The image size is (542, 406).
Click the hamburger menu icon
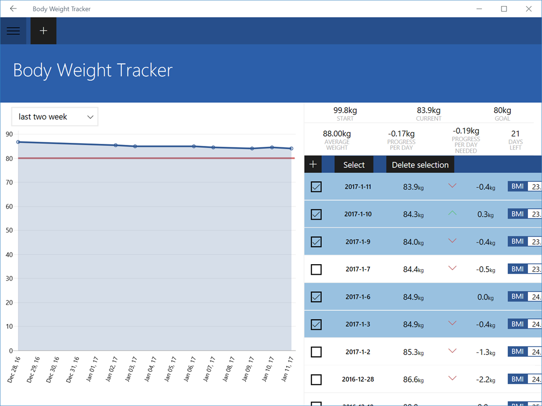[x=14, y=31]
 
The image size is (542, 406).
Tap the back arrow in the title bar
[x=14, y=9]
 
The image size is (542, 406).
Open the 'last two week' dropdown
[x=55, y=117]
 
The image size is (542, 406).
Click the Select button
[x=354, y=165]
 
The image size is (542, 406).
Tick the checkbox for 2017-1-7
[x=316, y=270]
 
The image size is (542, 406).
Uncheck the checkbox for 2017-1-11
[x=316, y=187]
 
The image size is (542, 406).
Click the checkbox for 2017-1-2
[x=316, y=352]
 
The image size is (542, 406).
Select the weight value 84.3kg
[x=413, y=215]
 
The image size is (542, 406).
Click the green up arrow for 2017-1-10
[x=452, y=214]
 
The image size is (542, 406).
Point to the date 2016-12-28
[x=358, y=379]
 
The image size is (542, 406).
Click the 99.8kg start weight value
[x=345, y=110]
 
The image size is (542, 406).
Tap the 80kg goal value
[x=502, y=110]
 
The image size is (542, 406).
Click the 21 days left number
[x=515, y=134]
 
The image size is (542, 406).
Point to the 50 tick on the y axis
[x=9, y=231]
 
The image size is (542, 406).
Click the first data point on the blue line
[x=19, y=142]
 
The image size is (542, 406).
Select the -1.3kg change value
[x=485, y=352]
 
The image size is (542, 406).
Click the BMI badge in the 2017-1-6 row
[x=517, y=297]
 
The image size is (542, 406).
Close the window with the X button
[x=528, y=9]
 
